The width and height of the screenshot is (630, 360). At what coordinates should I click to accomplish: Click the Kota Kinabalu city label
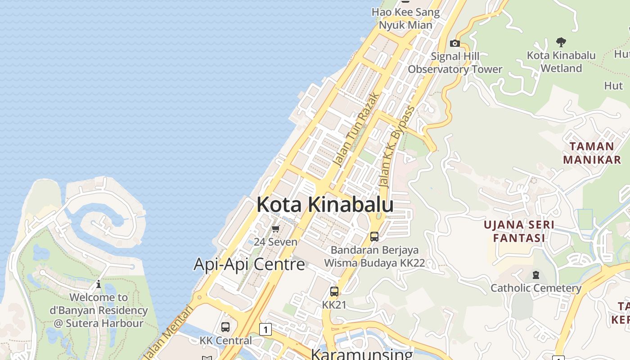[x=325, y=205]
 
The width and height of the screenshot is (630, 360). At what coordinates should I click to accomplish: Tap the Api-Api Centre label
[x=249, y=264]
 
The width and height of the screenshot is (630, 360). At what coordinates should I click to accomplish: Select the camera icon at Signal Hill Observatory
[x=455, y=44]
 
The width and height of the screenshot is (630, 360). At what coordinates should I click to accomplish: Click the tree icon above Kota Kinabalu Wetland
[x=561, y=42]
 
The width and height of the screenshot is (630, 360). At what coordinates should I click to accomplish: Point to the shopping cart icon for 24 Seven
[x=276, y=229]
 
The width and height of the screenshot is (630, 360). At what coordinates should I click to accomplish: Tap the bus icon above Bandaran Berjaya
[x=374, y=236]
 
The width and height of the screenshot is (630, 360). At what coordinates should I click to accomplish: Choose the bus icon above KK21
[x=334, y=292]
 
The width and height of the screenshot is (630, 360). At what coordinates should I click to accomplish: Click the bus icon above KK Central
[x=225, y=327]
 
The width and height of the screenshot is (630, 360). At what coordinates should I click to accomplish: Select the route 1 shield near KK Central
[x=265, y=330]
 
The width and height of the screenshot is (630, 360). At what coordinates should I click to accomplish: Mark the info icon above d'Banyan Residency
[x=99, y=284]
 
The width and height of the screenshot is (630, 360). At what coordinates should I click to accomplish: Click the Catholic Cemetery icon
[x=535, y=274]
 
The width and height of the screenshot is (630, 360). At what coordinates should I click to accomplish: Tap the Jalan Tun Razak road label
[x=356, y=130]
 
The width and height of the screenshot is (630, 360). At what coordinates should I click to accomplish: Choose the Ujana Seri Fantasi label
[x=518, y=231]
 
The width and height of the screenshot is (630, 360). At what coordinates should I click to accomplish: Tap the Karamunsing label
[x=361, y=354]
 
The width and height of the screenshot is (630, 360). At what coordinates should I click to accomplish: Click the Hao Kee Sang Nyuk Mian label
[x=405, y=18]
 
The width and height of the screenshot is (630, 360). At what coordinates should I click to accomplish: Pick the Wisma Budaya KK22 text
[x=374, y=263]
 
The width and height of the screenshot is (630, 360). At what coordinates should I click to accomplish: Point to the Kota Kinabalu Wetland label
[x=561, y=62]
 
